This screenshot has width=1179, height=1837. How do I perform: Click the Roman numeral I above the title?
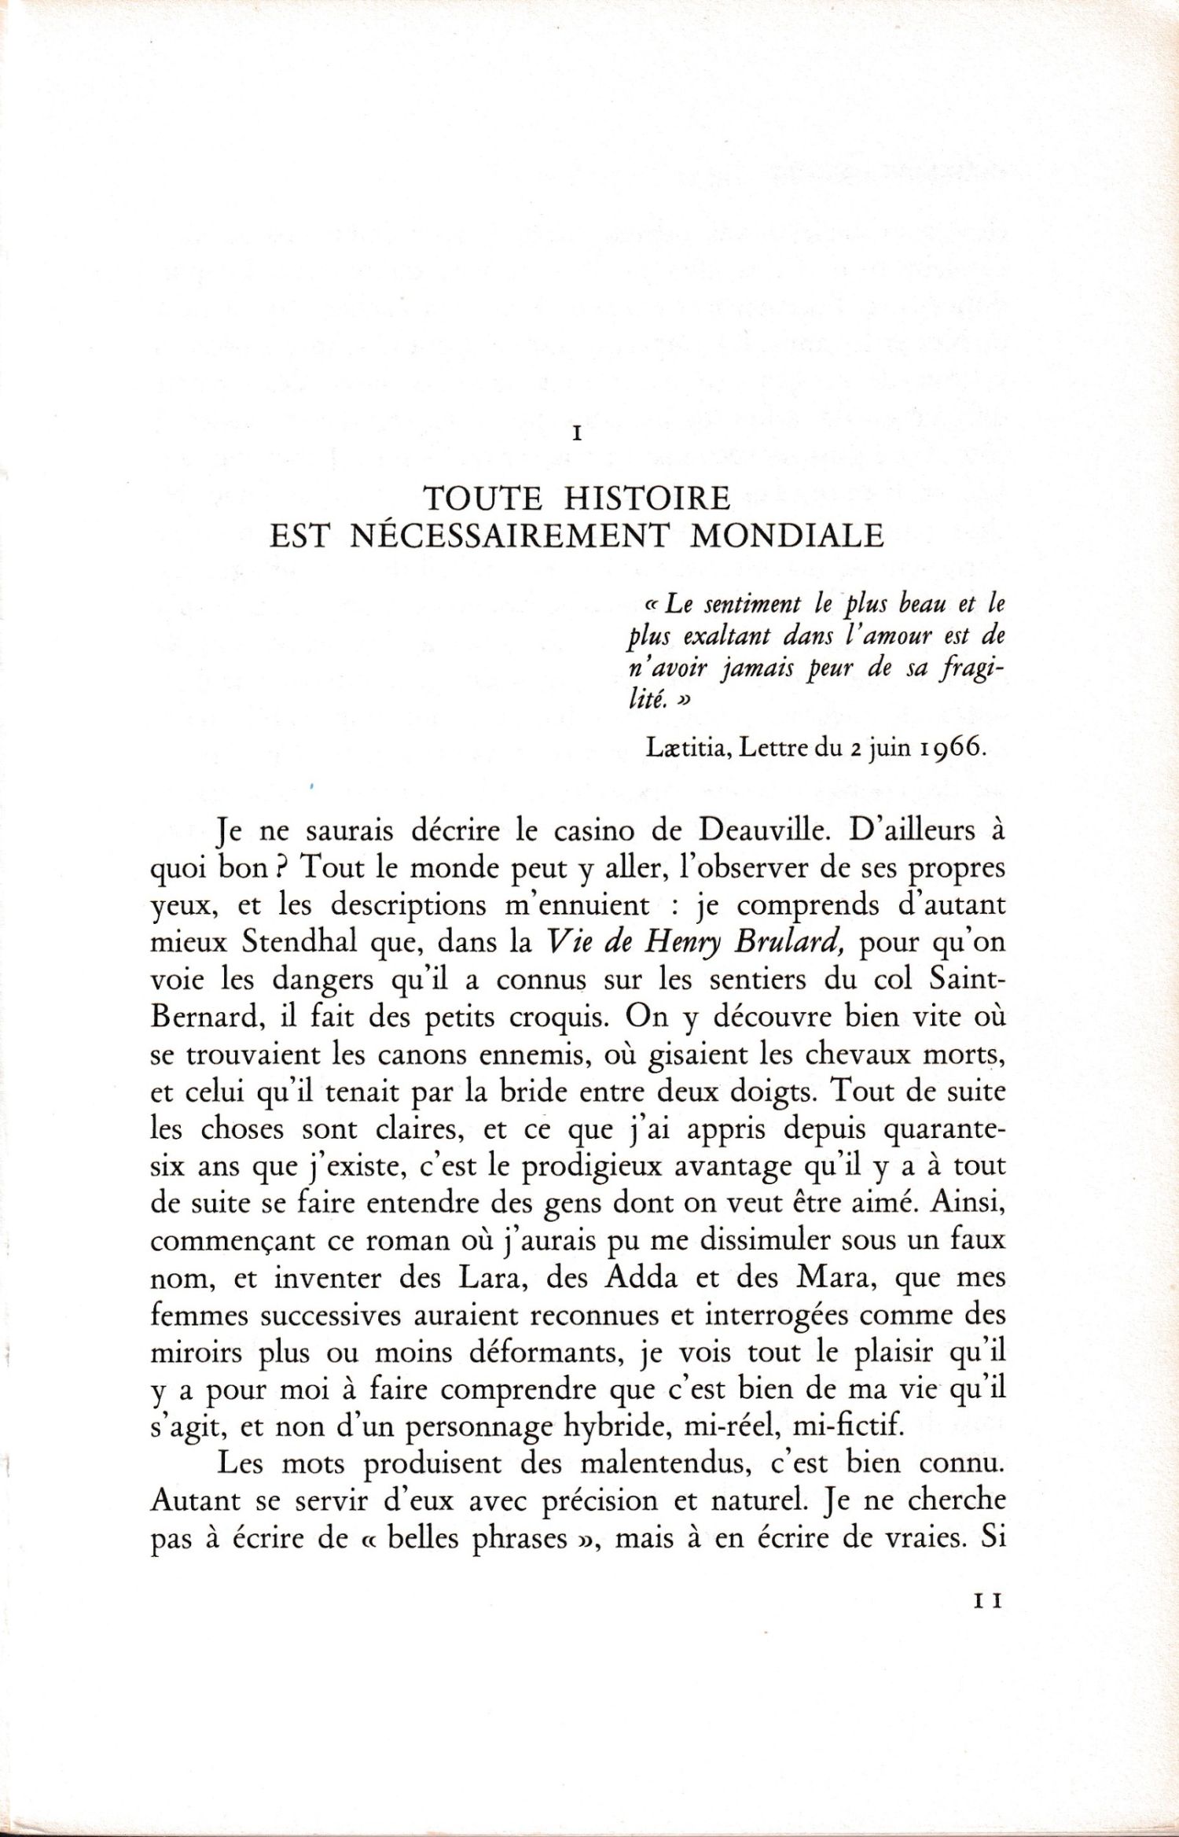tap(578, 433)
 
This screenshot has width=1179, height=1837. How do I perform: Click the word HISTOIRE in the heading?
tap(647, 499)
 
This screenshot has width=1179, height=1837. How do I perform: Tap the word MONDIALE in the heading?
tap(787, 536)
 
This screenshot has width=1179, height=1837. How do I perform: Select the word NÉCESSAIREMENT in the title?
tap(509, 536)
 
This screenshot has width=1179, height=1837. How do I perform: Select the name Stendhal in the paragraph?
tap(299, 941)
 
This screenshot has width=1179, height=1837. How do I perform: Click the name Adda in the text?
tap(641, 1277)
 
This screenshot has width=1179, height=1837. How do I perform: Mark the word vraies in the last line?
tap(925, 1537)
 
